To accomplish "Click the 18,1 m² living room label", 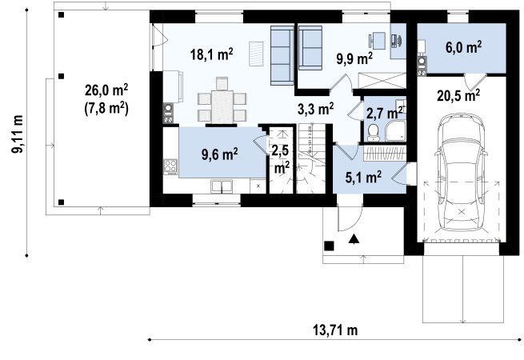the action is pos(211,54).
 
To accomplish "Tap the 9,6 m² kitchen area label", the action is pos(219,154).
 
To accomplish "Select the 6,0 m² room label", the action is pos(463,47).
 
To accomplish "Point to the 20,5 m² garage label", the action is pos(458,95).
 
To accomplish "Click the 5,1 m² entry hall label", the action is pos(363,178).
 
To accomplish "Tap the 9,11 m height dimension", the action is pos(18,134).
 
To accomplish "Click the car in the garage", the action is pos(461,173).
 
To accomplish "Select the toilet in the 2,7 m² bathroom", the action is pos(373,133).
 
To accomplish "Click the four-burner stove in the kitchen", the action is pos(170,167).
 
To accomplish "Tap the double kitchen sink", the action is pos(222,186).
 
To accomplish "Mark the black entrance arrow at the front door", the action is pos(354,238).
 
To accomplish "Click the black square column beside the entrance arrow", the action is pos(329,246).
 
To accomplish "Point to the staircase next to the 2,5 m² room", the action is pos(311,158).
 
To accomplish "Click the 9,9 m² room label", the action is pos(354,59).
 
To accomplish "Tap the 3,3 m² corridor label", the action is pos(315,109).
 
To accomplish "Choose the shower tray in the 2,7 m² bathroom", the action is pos(395,130).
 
